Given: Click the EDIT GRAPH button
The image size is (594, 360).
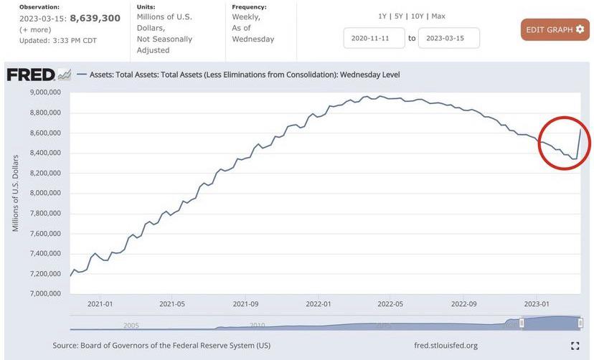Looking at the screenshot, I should (x=555, y=29).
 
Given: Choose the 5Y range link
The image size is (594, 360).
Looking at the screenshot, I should (x=400, y=16).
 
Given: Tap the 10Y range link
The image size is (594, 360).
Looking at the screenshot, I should (x=417, y=16).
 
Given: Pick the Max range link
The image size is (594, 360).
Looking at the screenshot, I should (x=438, y=16).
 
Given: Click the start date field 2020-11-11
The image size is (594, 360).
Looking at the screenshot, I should (x=374, y=38).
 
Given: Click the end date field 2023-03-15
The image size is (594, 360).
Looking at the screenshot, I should (x=448, y=38).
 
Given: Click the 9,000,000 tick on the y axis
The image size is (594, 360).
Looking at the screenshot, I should (x=45, y=93).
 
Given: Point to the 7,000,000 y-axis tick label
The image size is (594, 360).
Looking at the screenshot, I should (x=45, y=293).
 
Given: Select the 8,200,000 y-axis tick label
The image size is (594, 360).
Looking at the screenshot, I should (x=45, y=173).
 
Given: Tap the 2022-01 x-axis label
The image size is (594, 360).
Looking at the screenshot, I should (x=319, y=303).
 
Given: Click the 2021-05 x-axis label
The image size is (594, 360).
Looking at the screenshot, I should (x=172, y=303).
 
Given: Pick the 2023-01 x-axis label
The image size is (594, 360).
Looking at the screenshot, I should (x=538, y=303).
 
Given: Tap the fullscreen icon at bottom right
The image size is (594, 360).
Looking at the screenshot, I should (x=575, y=346).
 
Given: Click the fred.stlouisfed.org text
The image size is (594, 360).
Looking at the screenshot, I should (x=445, y=346).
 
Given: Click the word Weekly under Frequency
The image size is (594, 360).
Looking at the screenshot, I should (x=246, y=16).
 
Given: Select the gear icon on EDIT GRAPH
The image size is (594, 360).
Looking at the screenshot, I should (x=580, y=29).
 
